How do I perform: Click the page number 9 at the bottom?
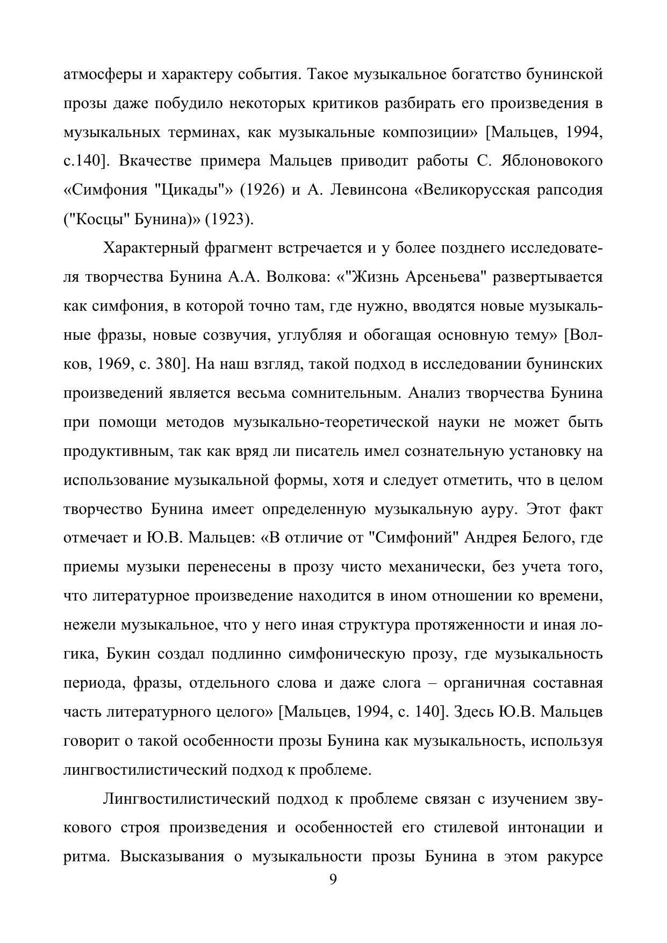(x=333, y=880)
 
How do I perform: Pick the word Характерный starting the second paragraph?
(x=150, y=248)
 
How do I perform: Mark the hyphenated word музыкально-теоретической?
(x=331, y=422)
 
